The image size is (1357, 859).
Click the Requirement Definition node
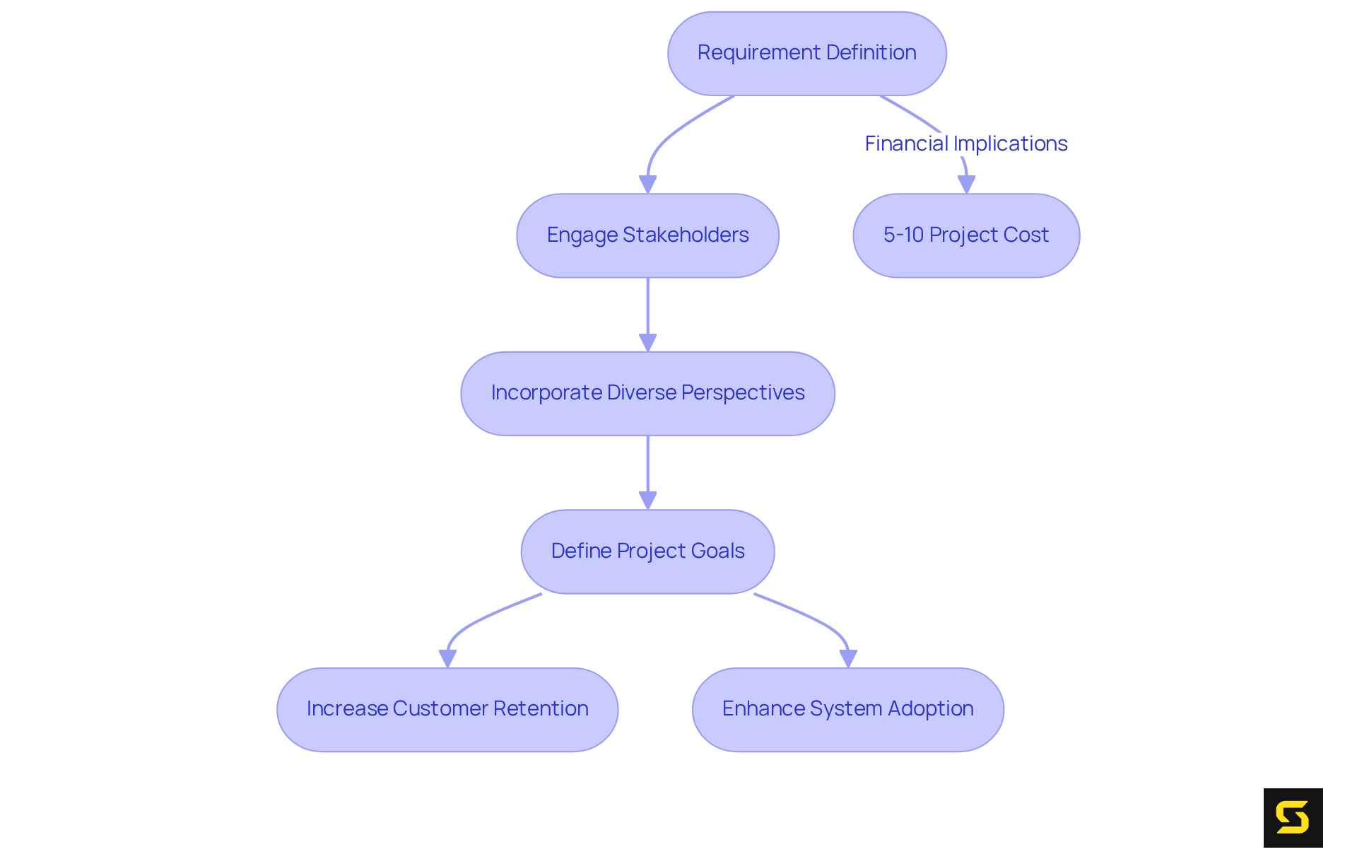pyautogui.click(x=806, y=53)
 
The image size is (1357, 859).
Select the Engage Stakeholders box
pyautogui.click(x=647, y=235)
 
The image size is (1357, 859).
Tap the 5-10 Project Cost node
pyautogui.click(x=966, y=235)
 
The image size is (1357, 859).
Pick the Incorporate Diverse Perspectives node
pyautogui.click(x=647, y=393)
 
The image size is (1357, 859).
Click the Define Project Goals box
pyautogui.click(x=647, y=551)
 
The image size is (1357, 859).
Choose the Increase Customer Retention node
pyautogui.click(x=447, y=709)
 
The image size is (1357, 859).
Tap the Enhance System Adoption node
pyautogui.click(x=847, y=709)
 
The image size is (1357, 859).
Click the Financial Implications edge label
pyautogui.click(x=965, y=144)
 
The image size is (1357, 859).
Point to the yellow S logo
pyautogui.click(x=1293, y=817)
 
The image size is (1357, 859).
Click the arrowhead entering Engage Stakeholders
pyautogui.click(x=647, y=185)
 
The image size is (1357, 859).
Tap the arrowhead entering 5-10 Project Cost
pyautogui.click(x=966, y=185)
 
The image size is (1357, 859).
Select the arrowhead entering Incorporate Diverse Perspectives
pyautogui.click(x=647, y=343)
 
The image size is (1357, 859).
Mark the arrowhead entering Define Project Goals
pyautogui.click(x=647, y=501)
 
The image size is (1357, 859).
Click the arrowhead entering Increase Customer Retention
pyautogui.click(x=447, y=658)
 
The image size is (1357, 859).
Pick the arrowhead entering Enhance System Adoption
pyautogui.click(x=848, y=658)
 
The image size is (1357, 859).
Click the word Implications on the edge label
pyautogui.click(x=1010, y=144)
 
